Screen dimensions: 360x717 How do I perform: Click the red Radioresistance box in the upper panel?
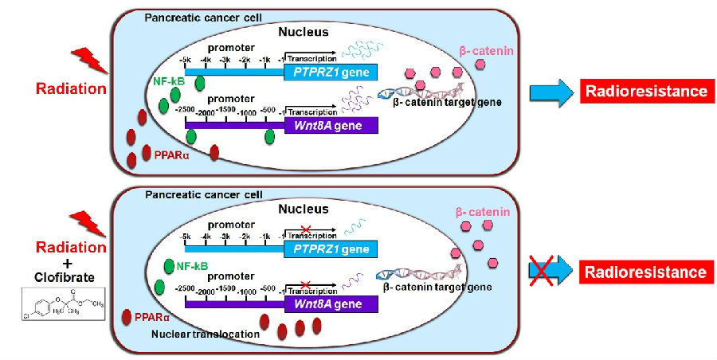645,91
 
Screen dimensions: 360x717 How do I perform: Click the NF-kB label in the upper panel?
168,80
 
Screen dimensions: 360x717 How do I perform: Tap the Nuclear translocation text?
206,335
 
